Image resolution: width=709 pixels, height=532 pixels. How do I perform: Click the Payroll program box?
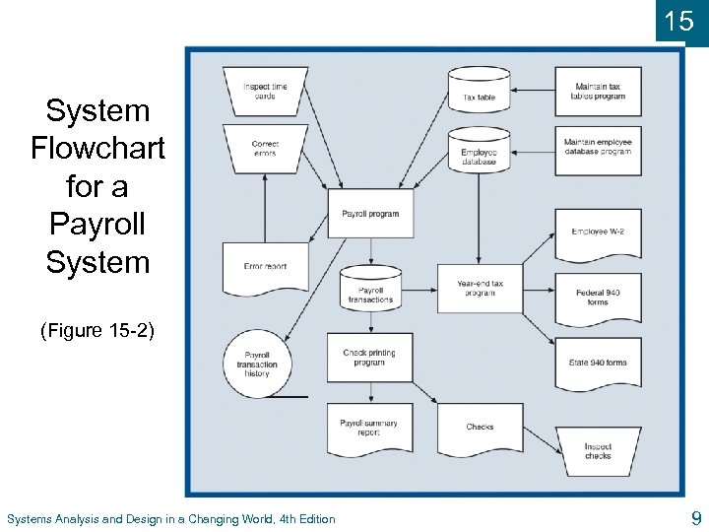click(x=370, y=214)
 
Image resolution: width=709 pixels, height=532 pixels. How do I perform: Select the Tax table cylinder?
click(x=480, y=91)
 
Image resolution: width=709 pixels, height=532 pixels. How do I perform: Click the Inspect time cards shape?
click(x=265, y=91)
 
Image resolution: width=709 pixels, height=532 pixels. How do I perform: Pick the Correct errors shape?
click(x=265, y=149)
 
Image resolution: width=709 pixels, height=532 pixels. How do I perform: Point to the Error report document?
click(x=265, y=267)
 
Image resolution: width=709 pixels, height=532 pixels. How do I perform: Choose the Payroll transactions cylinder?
click(x=370, y=290)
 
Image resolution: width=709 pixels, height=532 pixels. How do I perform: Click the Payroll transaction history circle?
click(x=257, y=365)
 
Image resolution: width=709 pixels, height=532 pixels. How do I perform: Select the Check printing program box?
click(x=370, y=358)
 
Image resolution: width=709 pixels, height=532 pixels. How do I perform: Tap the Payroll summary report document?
click(x=370, y=428)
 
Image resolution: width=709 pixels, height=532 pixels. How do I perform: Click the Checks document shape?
click(x=480, y=428)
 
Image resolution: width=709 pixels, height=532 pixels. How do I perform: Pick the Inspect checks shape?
click(x=598, y=451)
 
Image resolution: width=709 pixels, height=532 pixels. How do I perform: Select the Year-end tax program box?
click(x=480, y=289)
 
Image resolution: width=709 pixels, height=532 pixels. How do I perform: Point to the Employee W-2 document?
click(x=598, y=233)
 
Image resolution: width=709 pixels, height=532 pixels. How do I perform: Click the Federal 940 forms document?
click(x=598, y=297)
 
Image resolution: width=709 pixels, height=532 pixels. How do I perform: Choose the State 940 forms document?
click(x=598, y=363)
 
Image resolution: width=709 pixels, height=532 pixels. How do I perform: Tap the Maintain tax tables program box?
click(x=598, y=92)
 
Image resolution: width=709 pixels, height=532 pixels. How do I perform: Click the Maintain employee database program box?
click(x=598, y=149)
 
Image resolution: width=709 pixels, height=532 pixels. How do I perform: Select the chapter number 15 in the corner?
click(x=679, y=21)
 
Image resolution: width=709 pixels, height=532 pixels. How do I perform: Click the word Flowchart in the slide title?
click(x=97, y=149)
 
